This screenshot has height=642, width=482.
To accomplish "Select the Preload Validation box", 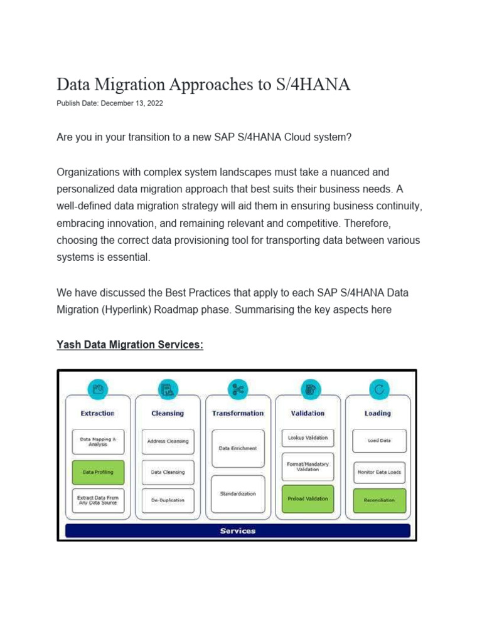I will [308, 498].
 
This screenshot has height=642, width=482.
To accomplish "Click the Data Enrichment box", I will [237, 448].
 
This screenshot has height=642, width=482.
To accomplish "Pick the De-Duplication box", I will [168, 500].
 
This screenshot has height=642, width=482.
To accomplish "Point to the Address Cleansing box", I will [168, 441].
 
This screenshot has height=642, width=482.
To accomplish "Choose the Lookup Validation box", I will [308, 438].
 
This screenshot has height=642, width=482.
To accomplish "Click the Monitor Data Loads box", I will [378, 472].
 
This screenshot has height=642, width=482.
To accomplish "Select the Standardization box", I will [237, 493].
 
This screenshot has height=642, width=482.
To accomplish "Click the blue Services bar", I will [238, 531].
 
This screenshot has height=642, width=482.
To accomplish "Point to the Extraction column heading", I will [97, 413].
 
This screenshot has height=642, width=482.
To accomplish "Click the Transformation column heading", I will [238, 413].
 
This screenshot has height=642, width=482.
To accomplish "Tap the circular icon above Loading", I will [378, 390].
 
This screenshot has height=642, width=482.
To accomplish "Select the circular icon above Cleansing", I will [168, 390].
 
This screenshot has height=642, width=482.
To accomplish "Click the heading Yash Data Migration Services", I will [130, 345].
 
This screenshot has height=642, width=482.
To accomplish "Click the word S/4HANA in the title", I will [311, 85].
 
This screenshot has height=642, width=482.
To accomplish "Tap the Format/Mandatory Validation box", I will [308, 466].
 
